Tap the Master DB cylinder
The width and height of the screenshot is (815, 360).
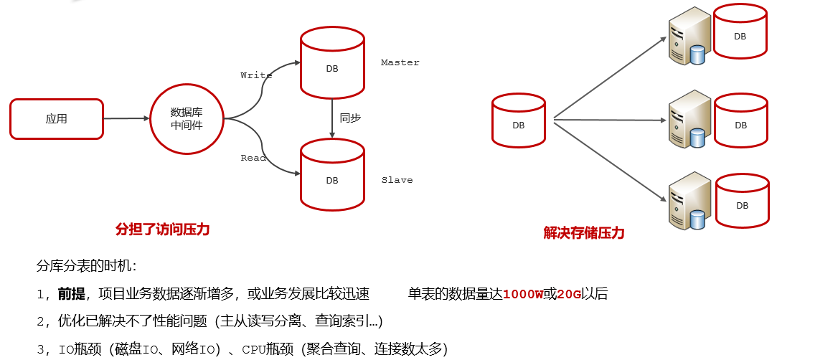(x=332, y=62)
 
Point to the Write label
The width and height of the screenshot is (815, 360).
(x=256, y=75)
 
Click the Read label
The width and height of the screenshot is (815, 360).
(x=254, y=157)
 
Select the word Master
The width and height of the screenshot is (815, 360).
(x=400, y=62)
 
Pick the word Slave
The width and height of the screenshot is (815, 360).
(x=397, y=180)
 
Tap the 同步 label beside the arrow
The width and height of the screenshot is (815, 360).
(x=350, y=118)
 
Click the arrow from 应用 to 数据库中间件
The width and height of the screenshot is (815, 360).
(x=126, y=118)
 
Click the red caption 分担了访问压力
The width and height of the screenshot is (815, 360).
(x=162, y=229)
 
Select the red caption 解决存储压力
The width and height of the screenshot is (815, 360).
(x=584, y=233)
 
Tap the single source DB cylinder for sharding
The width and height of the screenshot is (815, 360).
(x=519, y=120)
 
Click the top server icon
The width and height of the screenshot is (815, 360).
(x=689, y=37)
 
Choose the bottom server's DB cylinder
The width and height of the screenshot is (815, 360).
(x=743, y=201)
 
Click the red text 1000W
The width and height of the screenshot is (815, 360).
(x=524, y=295)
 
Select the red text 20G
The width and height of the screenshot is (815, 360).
(x=569, y=295)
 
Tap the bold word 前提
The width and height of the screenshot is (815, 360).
(x=71, y=295)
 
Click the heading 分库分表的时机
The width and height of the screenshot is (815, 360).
(x=86, y=267)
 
